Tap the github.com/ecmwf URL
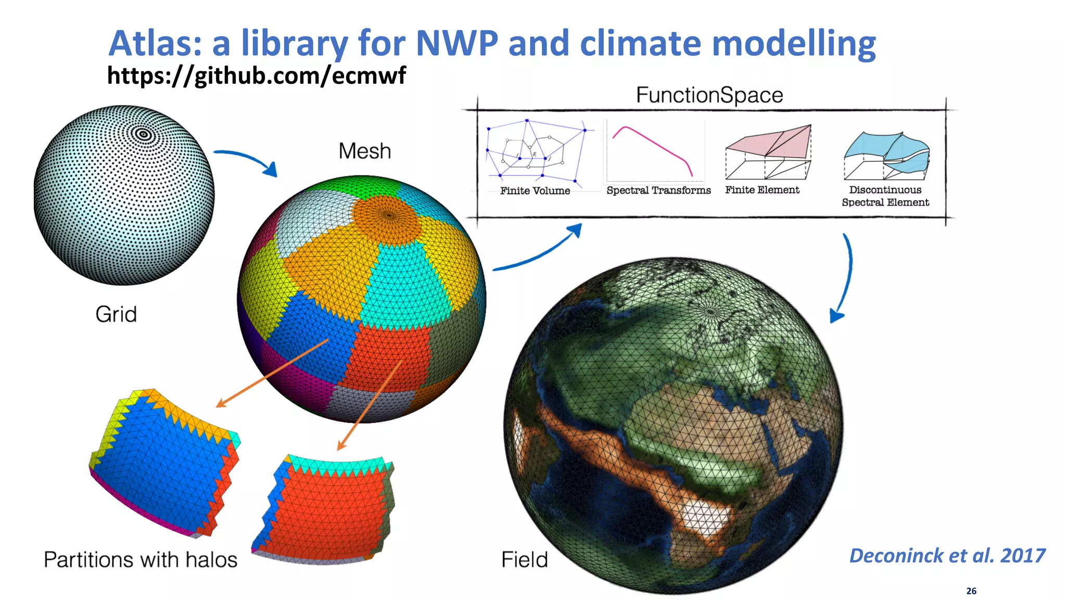[x=256, y=75]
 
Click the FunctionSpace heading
[x=709, y=95]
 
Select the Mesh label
[x=364, y=151]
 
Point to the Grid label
[x=116, y=314]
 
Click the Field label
[x=524, y=560]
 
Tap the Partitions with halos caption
[x=141, y=560]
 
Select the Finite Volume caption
[x=535, y=191]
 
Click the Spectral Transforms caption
[x=658, y=190]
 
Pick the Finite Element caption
[x=762, y=190]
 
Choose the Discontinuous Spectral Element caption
[x=885, y=196]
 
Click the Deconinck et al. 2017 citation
[x=947, y=556]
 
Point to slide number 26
[x=971, y=591]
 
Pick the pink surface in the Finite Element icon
[x=770, y=143]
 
